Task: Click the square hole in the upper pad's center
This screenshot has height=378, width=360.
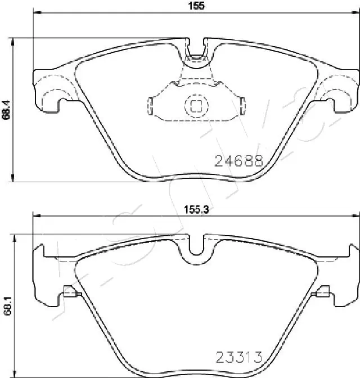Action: coord(196,106)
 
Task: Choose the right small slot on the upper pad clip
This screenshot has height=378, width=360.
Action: coord(241,105)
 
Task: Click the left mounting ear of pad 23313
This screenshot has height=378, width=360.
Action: coord(45,278)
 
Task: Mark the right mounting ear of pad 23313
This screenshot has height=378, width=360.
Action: coord(346,278)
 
